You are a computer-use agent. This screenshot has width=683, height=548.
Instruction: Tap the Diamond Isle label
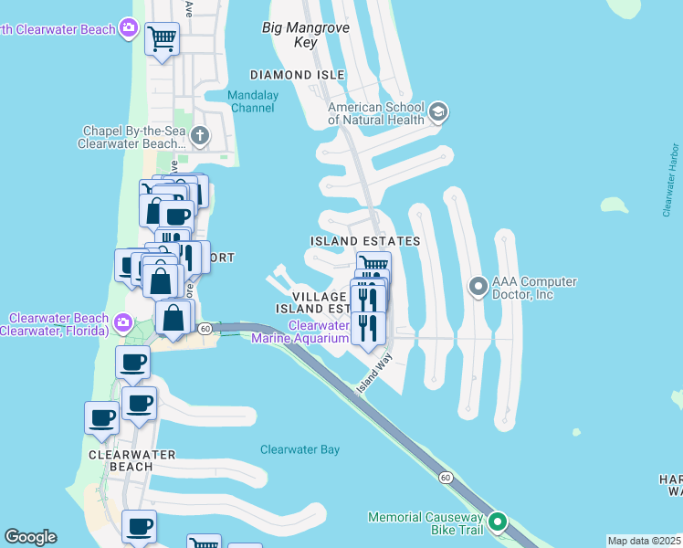(298, 75)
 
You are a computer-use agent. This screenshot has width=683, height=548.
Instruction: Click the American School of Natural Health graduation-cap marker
(437, 112)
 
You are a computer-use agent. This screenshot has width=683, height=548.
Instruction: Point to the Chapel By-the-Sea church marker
(200, 137)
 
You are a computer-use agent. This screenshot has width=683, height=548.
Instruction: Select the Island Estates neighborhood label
(365, 241)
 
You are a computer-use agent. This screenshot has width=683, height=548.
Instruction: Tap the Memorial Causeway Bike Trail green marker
(498, 522)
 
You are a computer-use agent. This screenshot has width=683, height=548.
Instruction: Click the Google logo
(30, 537)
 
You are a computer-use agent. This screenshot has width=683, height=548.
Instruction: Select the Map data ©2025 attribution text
(644, 541)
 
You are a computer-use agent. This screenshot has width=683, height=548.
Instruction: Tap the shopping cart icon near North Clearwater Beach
(162, 39)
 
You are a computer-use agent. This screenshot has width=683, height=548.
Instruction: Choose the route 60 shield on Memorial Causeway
(446, 478)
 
